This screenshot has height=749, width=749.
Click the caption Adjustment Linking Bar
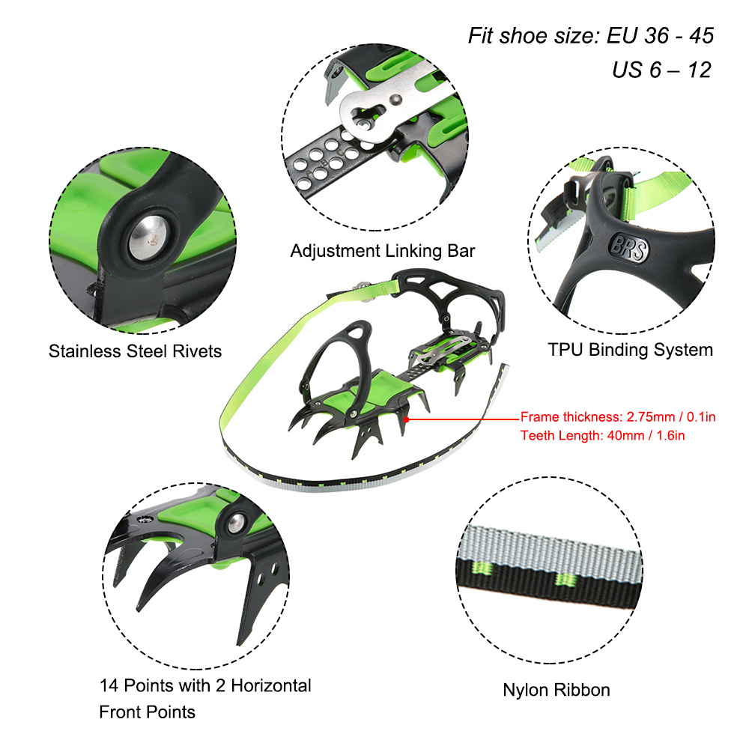click(383, 251)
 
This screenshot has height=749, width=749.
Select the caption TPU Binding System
click(630, 349)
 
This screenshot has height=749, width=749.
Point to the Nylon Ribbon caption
click(557, 690)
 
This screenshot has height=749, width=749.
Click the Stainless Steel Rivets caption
click(136, 351)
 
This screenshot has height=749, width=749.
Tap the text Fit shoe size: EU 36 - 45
click(591, 35)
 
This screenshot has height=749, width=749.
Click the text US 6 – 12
click(661, 70)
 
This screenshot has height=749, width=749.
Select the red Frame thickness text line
click(618, 417)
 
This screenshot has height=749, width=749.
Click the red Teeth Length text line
click(604, 434)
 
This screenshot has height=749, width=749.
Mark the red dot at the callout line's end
click(407, 419)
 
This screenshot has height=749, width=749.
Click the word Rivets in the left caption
click(198, 351)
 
